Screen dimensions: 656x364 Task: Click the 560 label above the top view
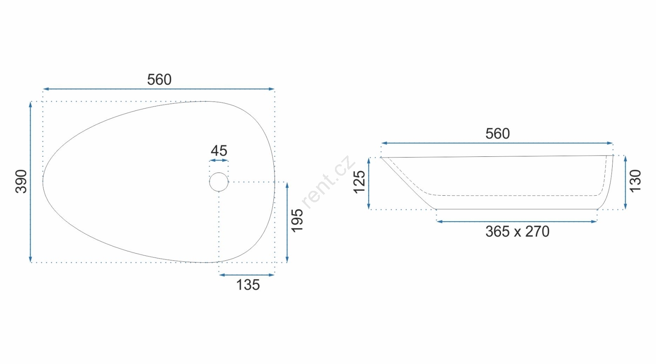click(x=159, y=79)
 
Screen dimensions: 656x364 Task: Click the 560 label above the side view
click(x=498, y=133)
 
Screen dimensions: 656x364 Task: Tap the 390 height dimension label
click(x=21, y=181)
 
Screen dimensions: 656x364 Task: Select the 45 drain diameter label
click(x=219, y=151)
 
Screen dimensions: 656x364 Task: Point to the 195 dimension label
click(x=297, y=221)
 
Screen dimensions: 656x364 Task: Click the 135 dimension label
click(x=248, y=285)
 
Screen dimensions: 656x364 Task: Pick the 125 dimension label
click(x=359, y=182)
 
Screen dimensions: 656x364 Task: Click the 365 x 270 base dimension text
click(x=517, y=232)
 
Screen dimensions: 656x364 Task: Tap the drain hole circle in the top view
click(x=219, y=173)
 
